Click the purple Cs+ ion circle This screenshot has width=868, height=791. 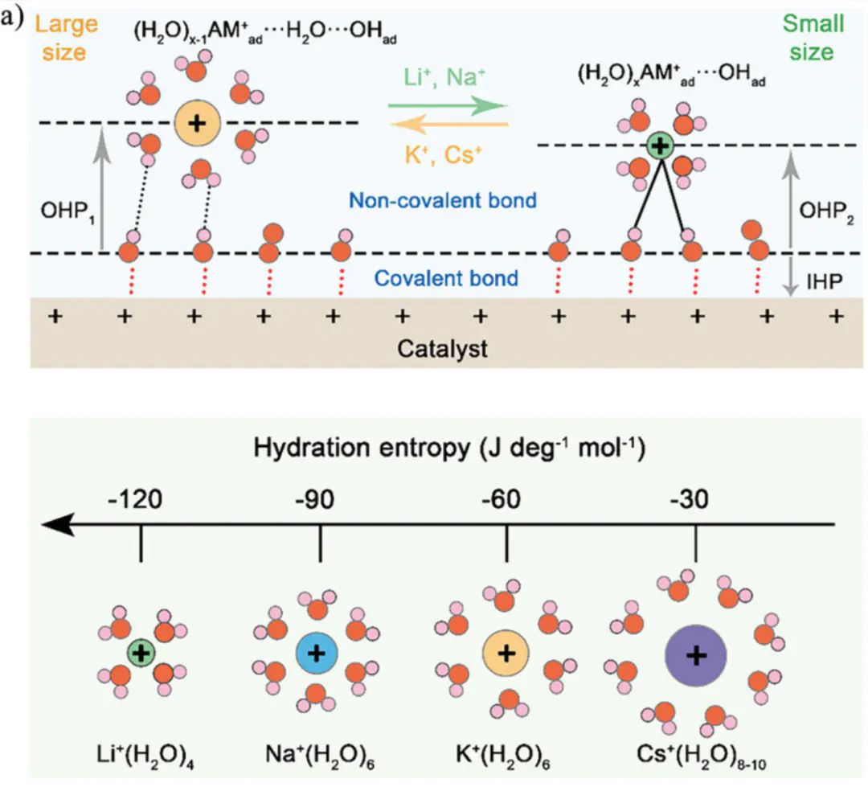pos(695,656)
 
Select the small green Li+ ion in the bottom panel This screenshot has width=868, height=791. pos(141,653)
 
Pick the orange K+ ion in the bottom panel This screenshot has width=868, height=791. pos(506,653)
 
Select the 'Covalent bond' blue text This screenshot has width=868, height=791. pos(447,279)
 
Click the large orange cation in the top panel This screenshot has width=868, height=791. pos(196,123)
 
